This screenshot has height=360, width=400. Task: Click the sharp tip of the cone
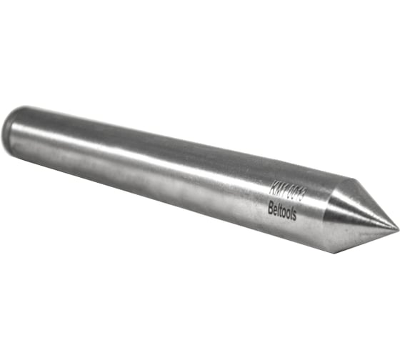point(397,230)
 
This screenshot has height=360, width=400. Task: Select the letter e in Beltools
point(277,208)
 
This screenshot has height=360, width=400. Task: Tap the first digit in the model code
point(285,189)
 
